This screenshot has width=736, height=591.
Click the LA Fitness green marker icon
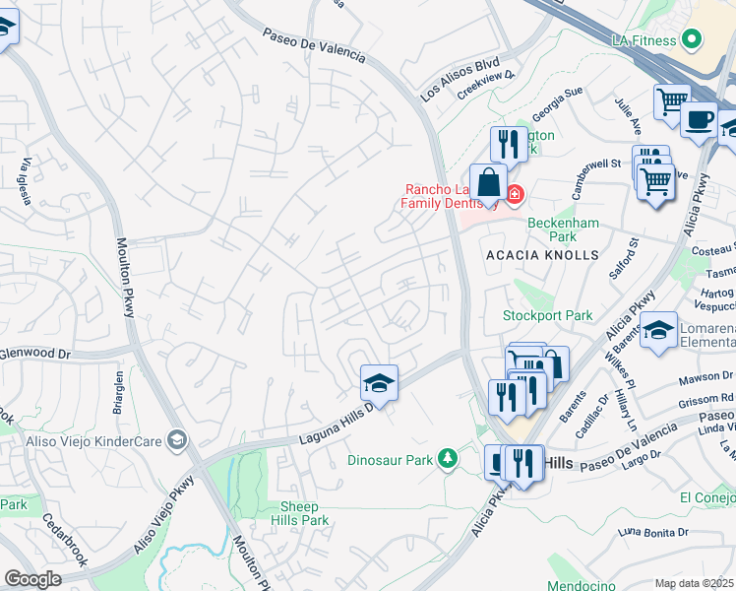(692, 40)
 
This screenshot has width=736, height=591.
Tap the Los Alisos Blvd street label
(460, 81)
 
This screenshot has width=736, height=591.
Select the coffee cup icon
(699, 119)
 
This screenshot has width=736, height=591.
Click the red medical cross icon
(515, 194)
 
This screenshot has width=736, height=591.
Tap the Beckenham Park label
(563, 230)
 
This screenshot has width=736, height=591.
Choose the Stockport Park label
(548, 316)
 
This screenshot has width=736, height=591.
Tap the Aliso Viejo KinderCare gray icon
(176, 438)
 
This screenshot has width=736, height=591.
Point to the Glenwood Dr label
(37, 353)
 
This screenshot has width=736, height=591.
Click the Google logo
(32, 579)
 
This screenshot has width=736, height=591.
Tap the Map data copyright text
(695, 583)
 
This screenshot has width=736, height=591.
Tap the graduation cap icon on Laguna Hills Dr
(379, 381)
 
